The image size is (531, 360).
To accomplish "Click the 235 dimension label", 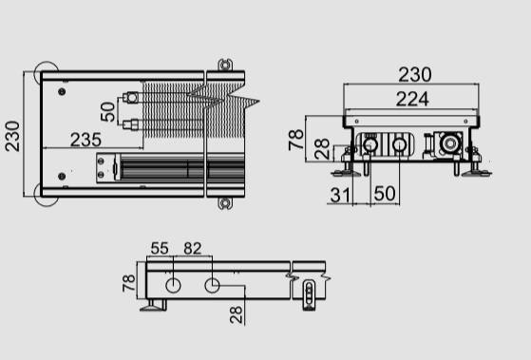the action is pyautogui.click(x=85, y=140).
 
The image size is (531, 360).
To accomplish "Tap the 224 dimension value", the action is pyautogui.click(x=412, y=100).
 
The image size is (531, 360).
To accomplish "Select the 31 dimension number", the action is pyautogui.click(x=340, y=195).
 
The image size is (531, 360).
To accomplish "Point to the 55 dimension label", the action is pyautogui.click(x=160, y=248).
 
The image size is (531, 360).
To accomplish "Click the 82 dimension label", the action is pyautogui.click(x=192, y=248).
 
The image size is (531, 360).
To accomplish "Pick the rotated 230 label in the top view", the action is pyautogui.click(x=12, y=136).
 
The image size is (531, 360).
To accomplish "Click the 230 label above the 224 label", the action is pyautogui.click(x=415, y=74).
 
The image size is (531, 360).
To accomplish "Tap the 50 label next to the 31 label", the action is pyautogui.click(x=385, y=194).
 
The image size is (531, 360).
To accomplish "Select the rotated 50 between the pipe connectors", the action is pyautogui.click(x=108, y=112).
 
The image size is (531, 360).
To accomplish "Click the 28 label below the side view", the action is pyautogui.click(x=236, y=314).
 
